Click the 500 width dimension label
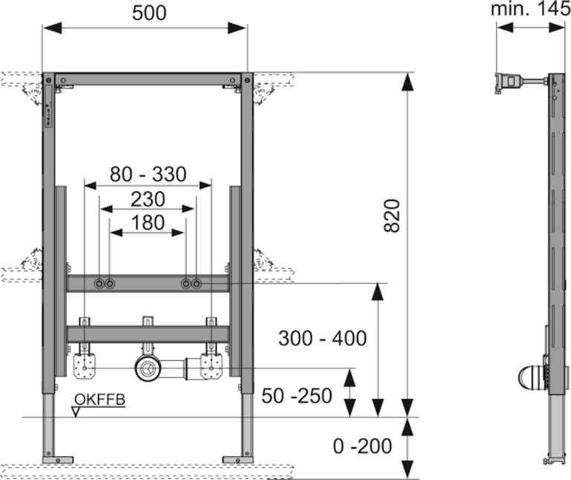[x=146, y=13]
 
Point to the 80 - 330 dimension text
[x=147, y=175]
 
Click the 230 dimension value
[x=147, y=199]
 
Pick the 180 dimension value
[x=147, y=222]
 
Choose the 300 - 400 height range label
[x=323, y=339]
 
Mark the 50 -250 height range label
[x=297, y=397]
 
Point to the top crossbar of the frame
[x=147, y=77]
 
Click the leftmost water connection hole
[x=99, y=284]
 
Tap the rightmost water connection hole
[x=196, y=284]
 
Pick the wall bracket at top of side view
[x=508, y=81]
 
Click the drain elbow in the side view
[x=530, y=377]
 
